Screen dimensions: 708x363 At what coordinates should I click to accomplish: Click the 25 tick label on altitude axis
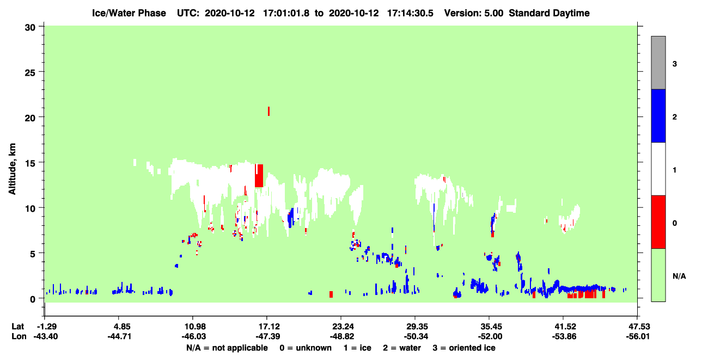30,73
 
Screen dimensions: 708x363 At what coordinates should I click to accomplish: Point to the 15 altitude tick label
30,164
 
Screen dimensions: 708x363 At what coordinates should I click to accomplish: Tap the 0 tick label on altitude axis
33,299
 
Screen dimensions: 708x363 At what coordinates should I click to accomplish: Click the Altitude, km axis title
13,169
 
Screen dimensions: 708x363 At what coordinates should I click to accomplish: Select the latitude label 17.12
267,327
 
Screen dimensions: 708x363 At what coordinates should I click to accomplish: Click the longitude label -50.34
416,336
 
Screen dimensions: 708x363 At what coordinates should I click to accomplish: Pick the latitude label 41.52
564,327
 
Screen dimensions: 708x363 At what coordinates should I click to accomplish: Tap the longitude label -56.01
638,336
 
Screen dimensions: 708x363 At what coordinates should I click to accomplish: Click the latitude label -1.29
46,327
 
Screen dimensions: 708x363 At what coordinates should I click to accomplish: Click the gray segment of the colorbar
658,63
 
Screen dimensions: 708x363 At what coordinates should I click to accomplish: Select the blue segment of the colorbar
658,116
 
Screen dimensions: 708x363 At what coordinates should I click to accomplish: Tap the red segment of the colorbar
658,222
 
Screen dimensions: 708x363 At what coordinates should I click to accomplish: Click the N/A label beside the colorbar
679,276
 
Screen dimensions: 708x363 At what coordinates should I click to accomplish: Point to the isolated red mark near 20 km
268,111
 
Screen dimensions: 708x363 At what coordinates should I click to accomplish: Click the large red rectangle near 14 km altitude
259,176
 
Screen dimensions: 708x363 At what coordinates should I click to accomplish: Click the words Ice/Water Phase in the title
129,13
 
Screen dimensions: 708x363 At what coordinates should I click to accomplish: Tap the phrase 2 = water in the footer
402,348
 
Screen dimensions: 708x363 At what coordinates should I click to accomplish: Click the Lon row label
19,336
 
